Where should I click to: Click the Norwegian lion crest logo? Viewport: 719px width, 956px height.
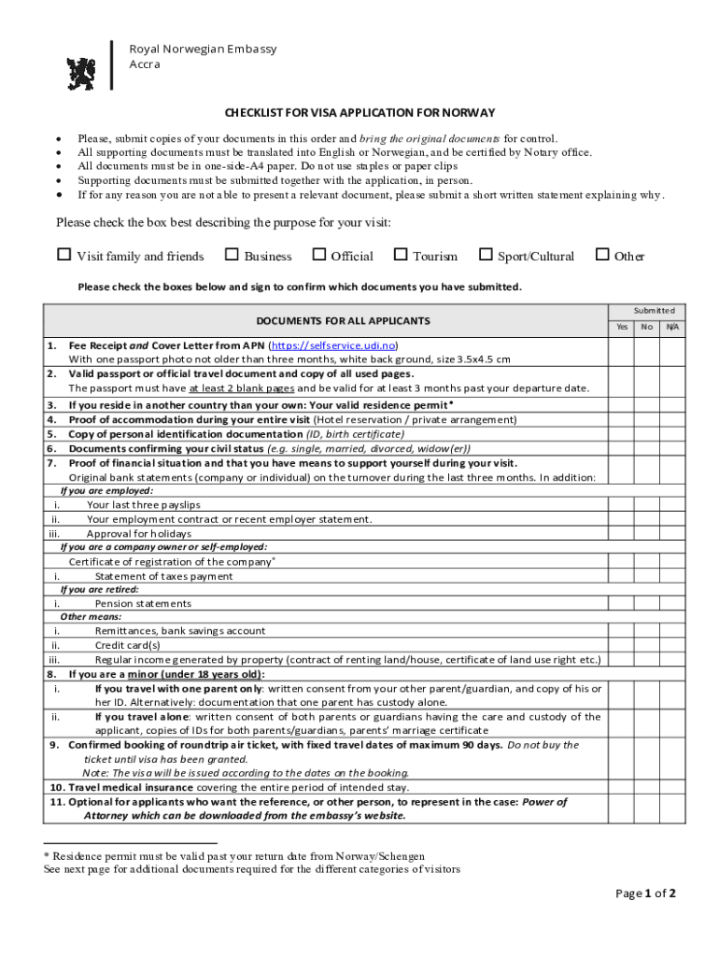coord(81,74)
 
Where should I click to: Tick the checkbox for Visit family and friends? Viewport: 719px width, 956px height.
coord(64,255)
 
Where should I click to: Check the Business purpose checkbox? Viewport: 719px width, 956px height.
coord(232,255)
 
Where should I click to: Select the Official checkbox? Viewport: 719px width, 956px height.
coord(319,255)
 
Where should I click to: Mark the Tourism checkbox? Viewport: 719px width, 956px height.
coord(401,255)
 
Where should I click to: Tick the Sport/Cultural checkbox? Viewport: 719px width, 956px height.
coord(486,255)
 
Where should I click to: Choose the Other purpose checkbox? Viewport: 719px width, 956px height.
coord(602,255)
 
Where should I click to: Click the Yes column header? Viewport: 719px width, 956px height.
coord(622,328)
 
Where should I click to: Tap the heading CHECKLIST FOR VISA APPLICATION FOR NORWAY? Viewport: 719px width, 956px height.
coord(359,113)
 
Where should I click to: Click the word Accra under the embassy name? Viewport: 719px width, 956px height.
coord(145,64)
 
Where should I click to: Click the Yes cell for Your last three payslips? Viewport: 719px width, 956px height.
coord(622,505)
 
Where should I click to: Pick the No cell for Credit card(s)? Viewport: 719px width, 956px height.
coord(647,645)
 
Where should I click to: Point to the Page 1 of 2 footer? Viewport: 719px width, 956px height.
coord(645,893)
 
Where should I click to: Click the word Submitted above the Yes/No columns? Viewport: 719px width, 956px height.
coord(654,310)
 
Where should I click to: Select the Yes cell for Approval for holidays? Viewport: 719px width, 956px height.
coord(622,533)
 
